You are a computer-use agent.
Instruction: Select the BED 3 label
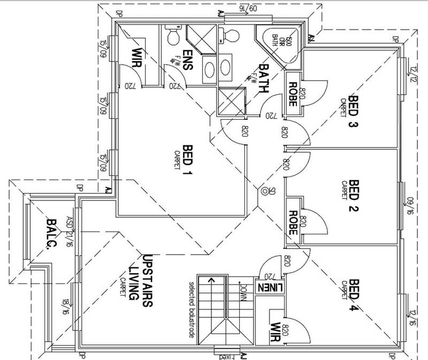pos(353,110)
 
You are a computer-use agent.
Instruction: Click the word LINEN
pos(267,287)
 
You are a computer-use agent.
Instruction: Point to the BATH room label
pos(264,78)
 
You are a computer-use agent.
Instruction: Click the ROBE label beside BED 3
pos(293,93)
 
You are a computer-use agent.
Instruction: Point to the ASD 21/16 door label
pos(68,228)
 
